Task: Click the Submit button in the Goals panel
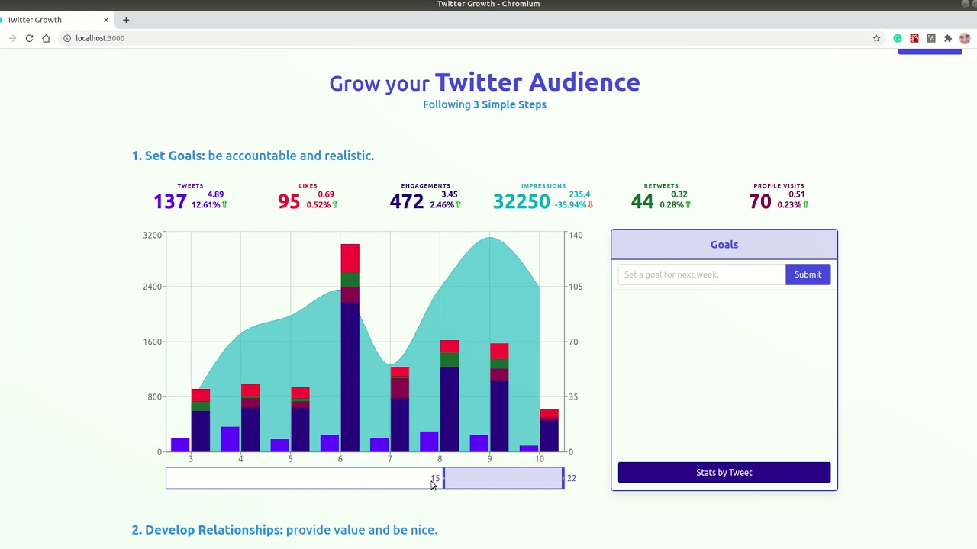[808, 274]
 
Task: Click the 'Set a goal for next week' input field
[701, 274]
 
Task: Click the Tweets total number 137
[169, 201]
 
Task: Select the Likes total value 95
[289, 201]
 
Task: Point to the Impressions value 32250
[521, 201]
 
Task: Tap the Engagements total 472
[406, 201]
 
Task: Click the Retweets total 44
[642, 201]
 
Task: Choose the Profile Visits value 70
[759, 201]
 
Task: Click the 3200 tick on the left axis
[152, 235]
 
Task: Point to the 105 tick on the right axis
[575, 287]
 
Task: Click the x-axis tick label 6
[340, 459]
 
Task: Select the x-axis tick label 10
[539, 459]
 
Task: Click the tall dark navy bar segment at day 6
[350, 374]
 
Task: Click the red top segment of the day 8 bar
[450, 346]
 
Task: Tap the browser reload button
[29, 38]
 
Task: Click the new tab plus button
[126, 20]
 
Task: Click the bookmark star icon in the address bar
[876, 38]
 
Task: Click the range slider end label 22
[571, 478]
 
